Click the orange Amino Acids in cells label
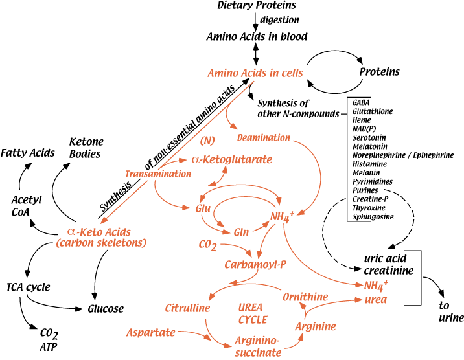[255, 73]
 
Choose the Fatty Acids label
[27, 153]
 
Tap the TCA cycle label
[29, 286]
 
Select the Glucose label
[106, 309]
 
